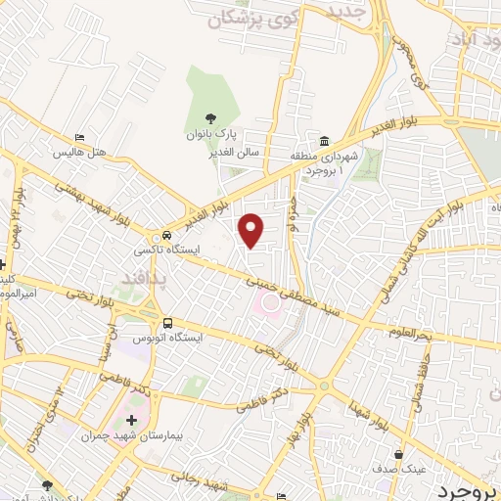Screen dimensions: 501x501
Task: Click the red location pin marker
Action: pyautogui.click(x=252, y=230)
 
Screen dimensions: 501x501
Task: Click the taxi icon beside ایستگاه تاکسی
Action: pyautogui.click(x=168, y=236)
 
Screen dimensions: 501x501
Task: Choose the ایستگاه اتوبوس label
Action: pyautogui.click(x=172, y=339)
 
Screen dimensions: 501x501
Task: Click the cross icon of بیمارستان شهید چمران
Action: pyautogui.click(x=132, y=420)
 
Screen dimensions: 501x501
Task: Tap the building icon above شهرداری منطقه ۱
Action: pyautogui.click(x=324, y=140)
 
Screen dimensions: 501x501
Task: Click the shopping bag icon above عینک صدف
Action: pyautogui.click(x=397, y=454)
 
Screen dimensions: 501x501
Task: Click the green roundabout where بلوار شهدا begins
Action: pyautogui.click(x=324, y=387)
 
